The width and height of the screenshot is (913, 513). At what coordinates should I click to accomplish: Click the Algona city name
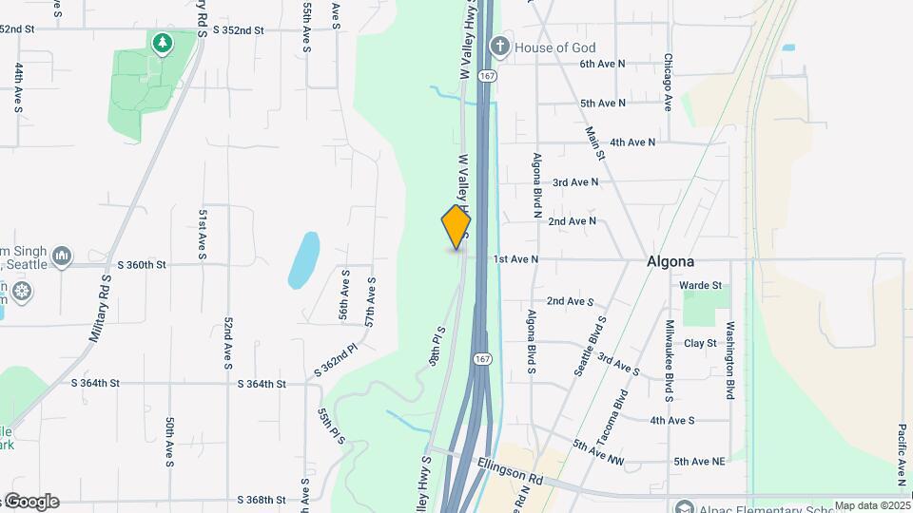click(670, 261)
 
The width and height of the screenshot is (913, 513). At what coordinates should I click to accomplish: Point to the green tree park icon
click(163, 43)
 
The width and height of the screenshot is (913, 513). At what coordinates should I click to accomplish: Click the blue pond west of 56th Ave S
click(303, 259)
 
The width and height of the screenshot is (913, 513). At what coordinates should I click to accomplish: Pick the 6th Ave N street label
click(603, 64)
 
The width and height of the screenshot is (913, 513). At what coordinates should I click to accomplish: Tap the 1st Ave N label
click(515, 258)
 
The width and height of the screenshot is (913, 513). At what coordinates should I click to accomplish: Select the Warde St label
click(700, 285)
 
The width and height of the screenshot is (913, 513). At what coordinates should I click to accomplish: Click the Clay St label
click(699, 343)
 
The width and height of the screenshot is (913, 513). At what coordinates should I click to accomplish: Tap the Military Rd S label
click(100, 310)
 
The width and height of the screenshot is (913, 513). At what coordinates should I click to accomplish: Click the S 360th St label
click(142, 264)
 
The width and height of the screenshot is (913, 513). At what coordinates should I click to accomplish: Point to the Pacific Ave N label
click(901, 454)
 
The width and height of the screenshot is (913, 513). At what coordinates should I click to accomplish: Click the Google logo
click(31, 502)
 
